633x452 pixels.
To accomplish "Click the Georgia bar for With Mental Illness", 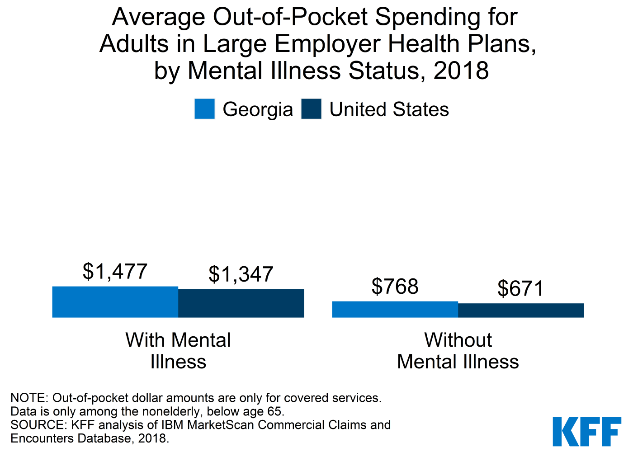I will [x=115, y=302].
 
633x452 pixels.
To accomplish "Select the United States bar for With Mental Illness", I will [x=241, y=303].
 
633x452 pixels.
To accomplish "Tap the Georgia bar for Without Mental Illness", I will [x=395, y=310].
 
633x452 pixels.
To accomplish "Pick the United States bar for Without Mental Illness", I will [x=521, y=311].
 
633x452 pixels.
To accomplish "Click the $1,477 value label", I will [x=115, y=272].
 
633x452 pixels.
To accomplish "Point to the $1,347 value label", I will [x=241, y=274].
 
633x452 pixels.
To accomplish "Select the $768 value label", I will [x=395, y=287].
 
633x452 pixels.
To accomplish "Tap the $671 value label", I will [x=520, y=288].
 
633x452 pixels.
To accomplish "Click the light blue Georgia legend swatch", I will [x=204, y=109].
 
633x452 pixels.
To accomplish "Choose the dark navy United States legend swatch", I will [x=311, y=109].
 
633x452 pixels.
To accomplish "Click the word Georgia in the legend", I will [x=258, y=110].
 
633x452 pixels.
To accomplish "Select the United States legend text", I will [x=389, y=110].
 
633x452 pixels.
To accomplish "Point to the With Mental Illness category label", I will [x=178, y=351].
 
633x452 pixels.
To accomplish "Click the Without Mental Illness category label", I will [x=458, y=351].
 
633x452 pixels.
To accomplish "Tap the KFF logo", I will [x=586, y=431].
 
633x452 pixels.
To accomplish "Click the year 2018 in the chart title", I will [x=461, y=71].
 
